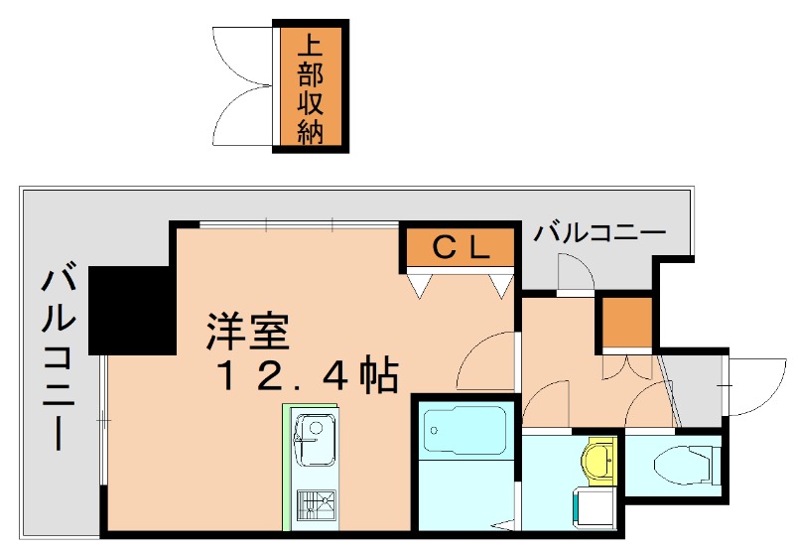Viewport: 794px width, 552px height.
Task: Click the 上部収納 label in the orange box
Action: click(310, 88)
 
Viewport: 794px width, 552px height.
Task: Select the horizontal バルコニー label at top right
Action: click(599, 234)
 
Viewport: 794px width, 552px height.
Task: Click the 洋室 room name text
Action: click(248, 332)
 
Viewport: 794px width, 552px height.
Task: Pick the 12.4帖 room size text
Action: click(308, 376)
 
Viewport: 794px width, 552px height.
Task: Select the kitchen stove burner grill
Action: click(316, 505)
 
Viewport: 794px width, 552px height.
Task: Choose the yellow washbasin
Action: click(598, 459)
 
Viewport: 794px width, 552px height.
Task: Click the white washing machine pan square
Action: click(592, 506)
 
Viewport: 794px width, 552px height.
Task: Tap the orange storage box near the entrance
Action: click(627, 322)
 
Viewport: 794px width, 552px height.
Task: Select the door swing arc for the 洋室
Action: click(486, 362)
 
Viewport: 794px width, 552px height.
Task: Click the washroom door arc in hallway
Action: click(546, 402)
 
